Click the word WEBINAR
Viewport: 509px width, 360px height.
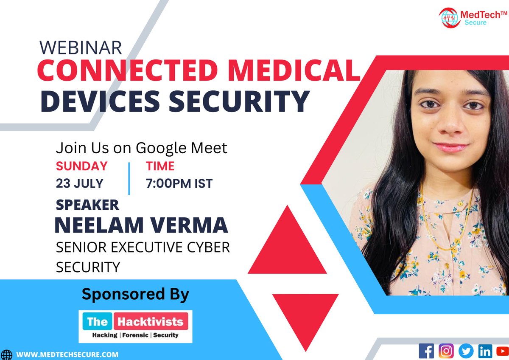pos(81,47)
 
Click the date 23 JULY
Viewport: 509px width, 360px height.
pos(80,184)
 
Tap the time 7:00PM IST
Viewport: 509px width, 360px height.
pos(179,184)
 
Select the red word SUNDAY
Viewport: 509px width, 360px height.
pos(81,166)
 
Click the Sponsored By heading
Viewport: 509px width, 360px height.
pos(135,294)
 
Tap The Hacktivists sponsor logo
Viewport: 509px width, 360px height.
pos(136,326)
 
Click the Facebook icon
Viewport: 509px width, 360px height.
pos(426,351)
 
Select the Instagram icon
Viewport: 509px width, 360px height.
pos(446,351)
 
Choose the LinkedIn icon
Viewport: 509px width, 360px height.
pos(484,351)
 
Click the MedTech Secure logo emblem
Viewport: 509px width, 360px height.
pos(449,18)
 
